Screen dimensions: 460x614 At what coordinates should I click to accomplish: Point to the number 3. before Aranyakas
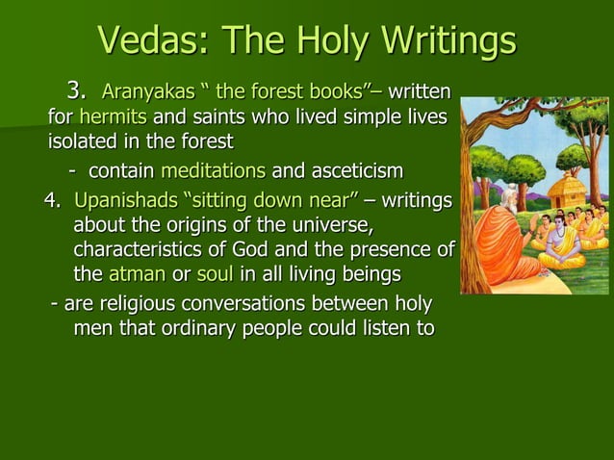(x=76, y=92)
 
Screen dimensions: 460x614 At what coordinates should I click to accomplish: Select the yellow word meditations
(x=214, y=171)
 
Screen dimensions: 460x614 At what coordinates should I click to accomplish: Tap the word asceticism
(x=355, y=171)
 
